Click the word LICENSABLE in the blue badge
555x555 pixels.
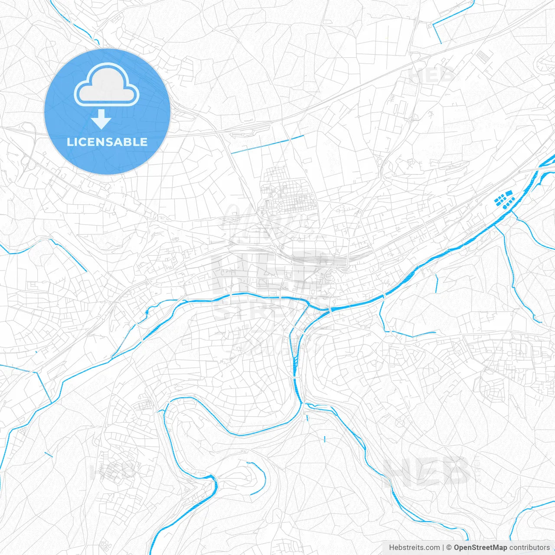(107, 142)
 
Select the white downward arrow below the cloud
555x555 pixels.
(101, 119)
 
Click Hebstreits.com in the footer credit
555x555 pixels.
(414, 547)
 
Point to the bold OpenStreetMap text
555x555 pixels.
(480, 547)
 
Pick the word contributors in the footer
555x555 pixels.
(529, 547)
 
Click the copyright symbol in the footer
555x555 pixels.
(449, 547)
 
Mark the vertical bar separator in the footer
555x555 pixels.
(444, 547)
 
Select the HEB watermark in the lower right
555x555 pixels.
(427, 472)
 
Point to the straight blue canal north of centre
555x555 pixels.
(268, 144)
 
